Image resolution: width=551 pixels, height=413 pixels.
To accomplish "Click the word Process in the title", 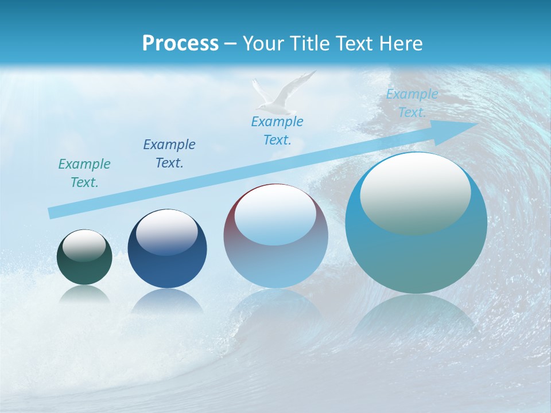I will (x=180, y=44).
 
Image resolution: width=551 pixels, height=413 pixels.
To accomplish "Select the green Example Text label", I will (x=84, y=173).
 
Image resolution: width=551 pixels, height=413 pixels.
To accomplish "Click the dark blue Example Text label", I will (x=169, y=154).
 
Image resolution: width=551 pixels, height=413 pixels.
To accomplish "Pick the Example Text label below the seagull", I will (x=277, y=131).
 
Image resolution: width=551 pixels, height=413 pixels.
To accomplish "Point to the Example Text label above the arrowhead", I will (x=412, y=103).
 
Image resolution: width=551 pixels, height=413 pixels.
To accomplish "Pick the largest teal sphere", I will (x=416, y=252).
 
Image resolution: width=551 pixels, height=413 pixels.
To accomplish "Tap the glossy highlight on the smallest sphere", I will (x=84, y=246).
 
